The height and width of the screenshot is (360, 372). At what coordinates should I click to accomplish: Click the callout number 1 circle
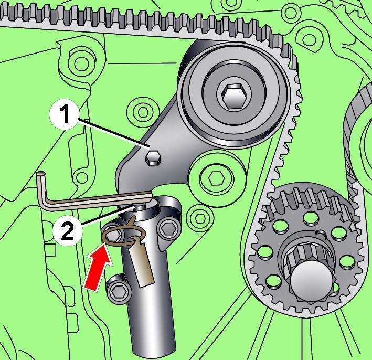(65, 114)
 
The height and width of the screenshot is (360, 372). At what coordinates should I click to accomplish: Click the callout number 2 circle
(68, 230)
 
